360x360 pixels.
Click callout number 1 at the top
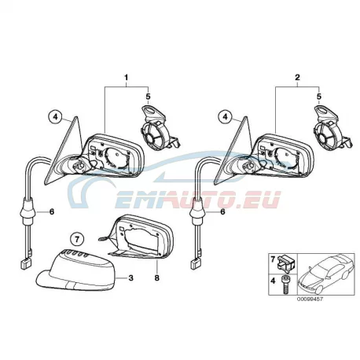[x=127, y=78]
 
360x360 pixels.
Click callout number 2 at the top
[x=297, y=78]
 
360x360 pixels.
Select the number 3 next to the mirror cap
[x=130, y=277]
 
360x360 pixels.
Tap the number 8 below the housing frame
[x=157, y=277]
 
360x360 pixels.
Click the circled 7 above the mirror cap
[x=77, y=239]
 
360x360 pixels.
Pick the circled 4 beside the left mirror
[x=55, y=117]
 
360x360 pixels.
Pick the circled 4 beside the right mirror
[x=226, y=117]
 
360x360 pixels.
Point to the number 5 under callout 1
[x=148, y=97]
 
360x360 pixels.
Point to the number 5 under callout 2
[x=318, y=97]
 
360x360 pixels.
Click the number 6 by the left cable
[x=52, y=211]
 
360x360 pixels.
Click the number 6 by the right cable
[x=222, y=211]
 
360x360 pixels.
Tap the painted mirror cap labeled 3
[x=76, y=270]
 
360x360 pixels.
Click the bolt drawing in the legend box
[x=285, y=284]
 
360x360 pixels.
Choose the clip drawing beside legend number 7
[x=287, y=263]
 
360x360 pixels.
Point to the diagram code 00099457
[x=310, y=299]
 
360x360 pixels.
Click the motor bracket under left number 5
[x=159, y=128]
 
